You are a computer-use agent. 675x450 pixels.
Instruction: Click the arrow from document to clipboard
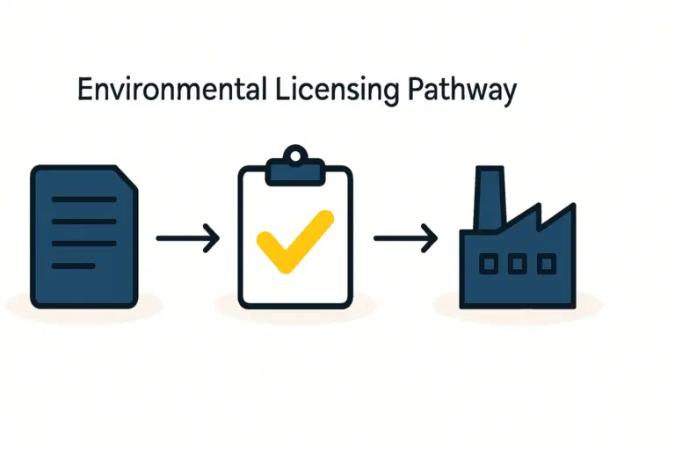tap(187, 237)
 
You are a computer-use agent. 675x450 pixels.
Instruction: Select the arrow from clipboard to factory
tap(405, 237)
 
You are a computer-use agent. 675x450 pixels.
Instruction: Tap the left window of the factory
tap(490, 263)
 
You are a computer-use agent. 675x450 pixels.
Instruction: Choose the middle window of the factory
tap(518, 263)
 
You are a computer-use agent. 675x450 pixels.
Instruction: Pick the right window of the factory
tap(546, 263)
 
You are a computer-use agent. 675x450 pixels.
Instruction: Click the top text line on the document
tap(84, 200)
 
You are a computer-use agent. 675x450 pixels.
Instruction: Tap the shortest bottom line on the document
tap(74, 265)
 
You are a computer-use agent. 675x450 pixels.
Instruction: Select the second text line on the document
tap(84, 221)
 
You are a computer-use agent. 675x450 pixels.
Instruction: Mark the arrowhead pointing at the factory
tap(431, 237)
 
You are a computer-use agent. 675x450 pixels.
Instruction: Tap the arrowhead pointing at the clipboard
tap(213, 237)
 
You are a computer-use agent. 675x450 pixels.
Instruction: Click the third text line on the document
tap(84, 243)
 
